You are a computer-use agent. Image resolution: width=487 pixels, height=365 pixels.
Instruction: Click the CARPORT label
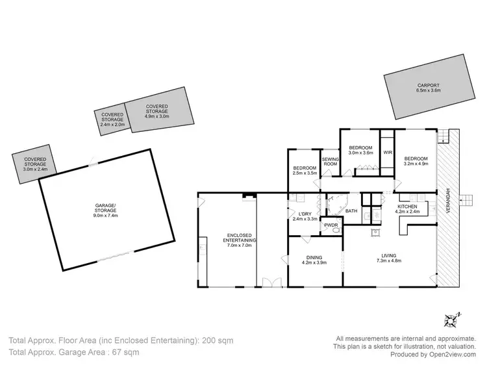point(428,88)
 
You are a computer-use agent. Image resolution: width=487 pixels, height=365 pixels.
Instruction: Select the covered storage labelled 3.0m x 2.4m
point(34,162)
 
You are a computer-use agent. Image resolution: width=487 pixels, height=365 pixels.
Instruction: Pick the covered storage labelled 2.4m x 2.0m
point(112,118)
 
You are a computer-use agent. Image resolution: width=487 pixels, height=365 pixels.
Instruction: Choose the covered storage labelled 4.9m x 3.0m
point(157,112)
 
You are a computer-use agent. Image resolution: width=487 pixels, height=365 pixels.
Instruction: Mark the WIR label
point(387,153)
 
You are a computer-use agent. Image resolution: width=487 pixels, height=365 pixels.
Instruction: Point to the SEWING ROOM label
point(331,164)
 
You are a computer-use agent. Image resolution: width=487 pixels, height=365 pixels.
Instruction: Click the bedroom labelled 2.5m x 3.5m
point(305,170)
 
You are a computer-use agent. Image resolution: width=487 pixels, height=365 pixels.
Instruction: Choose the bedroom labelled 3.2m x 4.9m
point(416,161)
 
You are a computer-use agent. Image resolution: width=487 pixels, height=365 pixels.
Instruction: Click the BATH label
point(351,210)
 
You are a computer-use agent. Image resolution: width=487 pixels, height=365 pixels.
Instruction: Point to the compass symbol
point(452,320)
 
